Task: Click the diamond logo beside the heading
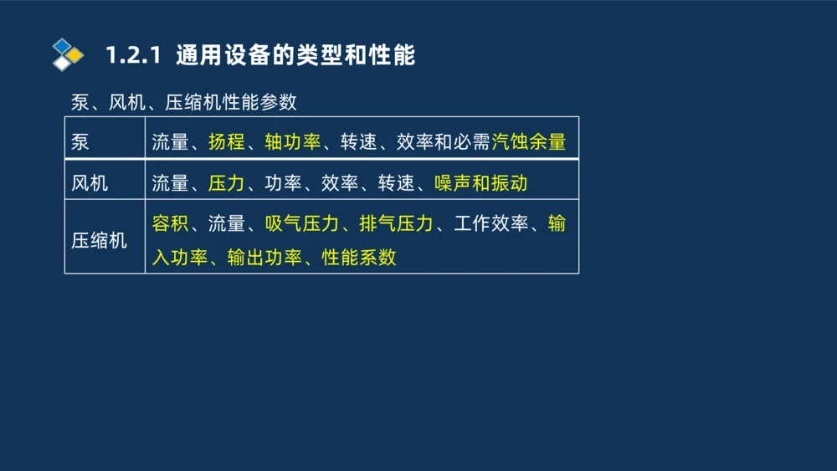pos(67,54)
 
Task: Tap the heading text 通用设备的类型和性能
pos(295,56)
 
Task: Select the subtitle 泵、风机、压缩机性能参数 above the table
pos(184,103)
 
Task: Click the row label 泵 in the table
pos(80,141)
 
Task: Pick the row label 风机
pos(90,182)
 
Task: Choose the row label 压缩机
pos(99,241)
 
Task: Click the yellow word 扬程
pos(227,141)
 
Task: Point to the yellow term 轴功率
pos(293,141)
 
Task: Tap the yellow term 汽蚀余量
pos(529,141)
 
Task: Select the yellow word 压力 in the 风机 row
pos(227,182)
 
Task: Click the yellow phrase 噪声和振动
pos(481,182)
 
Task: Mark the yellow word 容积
pos(170,223)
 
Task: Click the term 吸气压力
pos(302,223)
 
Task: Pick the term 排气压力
pos(397,223)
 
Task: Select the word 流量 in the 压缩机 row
pos(227,223)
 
